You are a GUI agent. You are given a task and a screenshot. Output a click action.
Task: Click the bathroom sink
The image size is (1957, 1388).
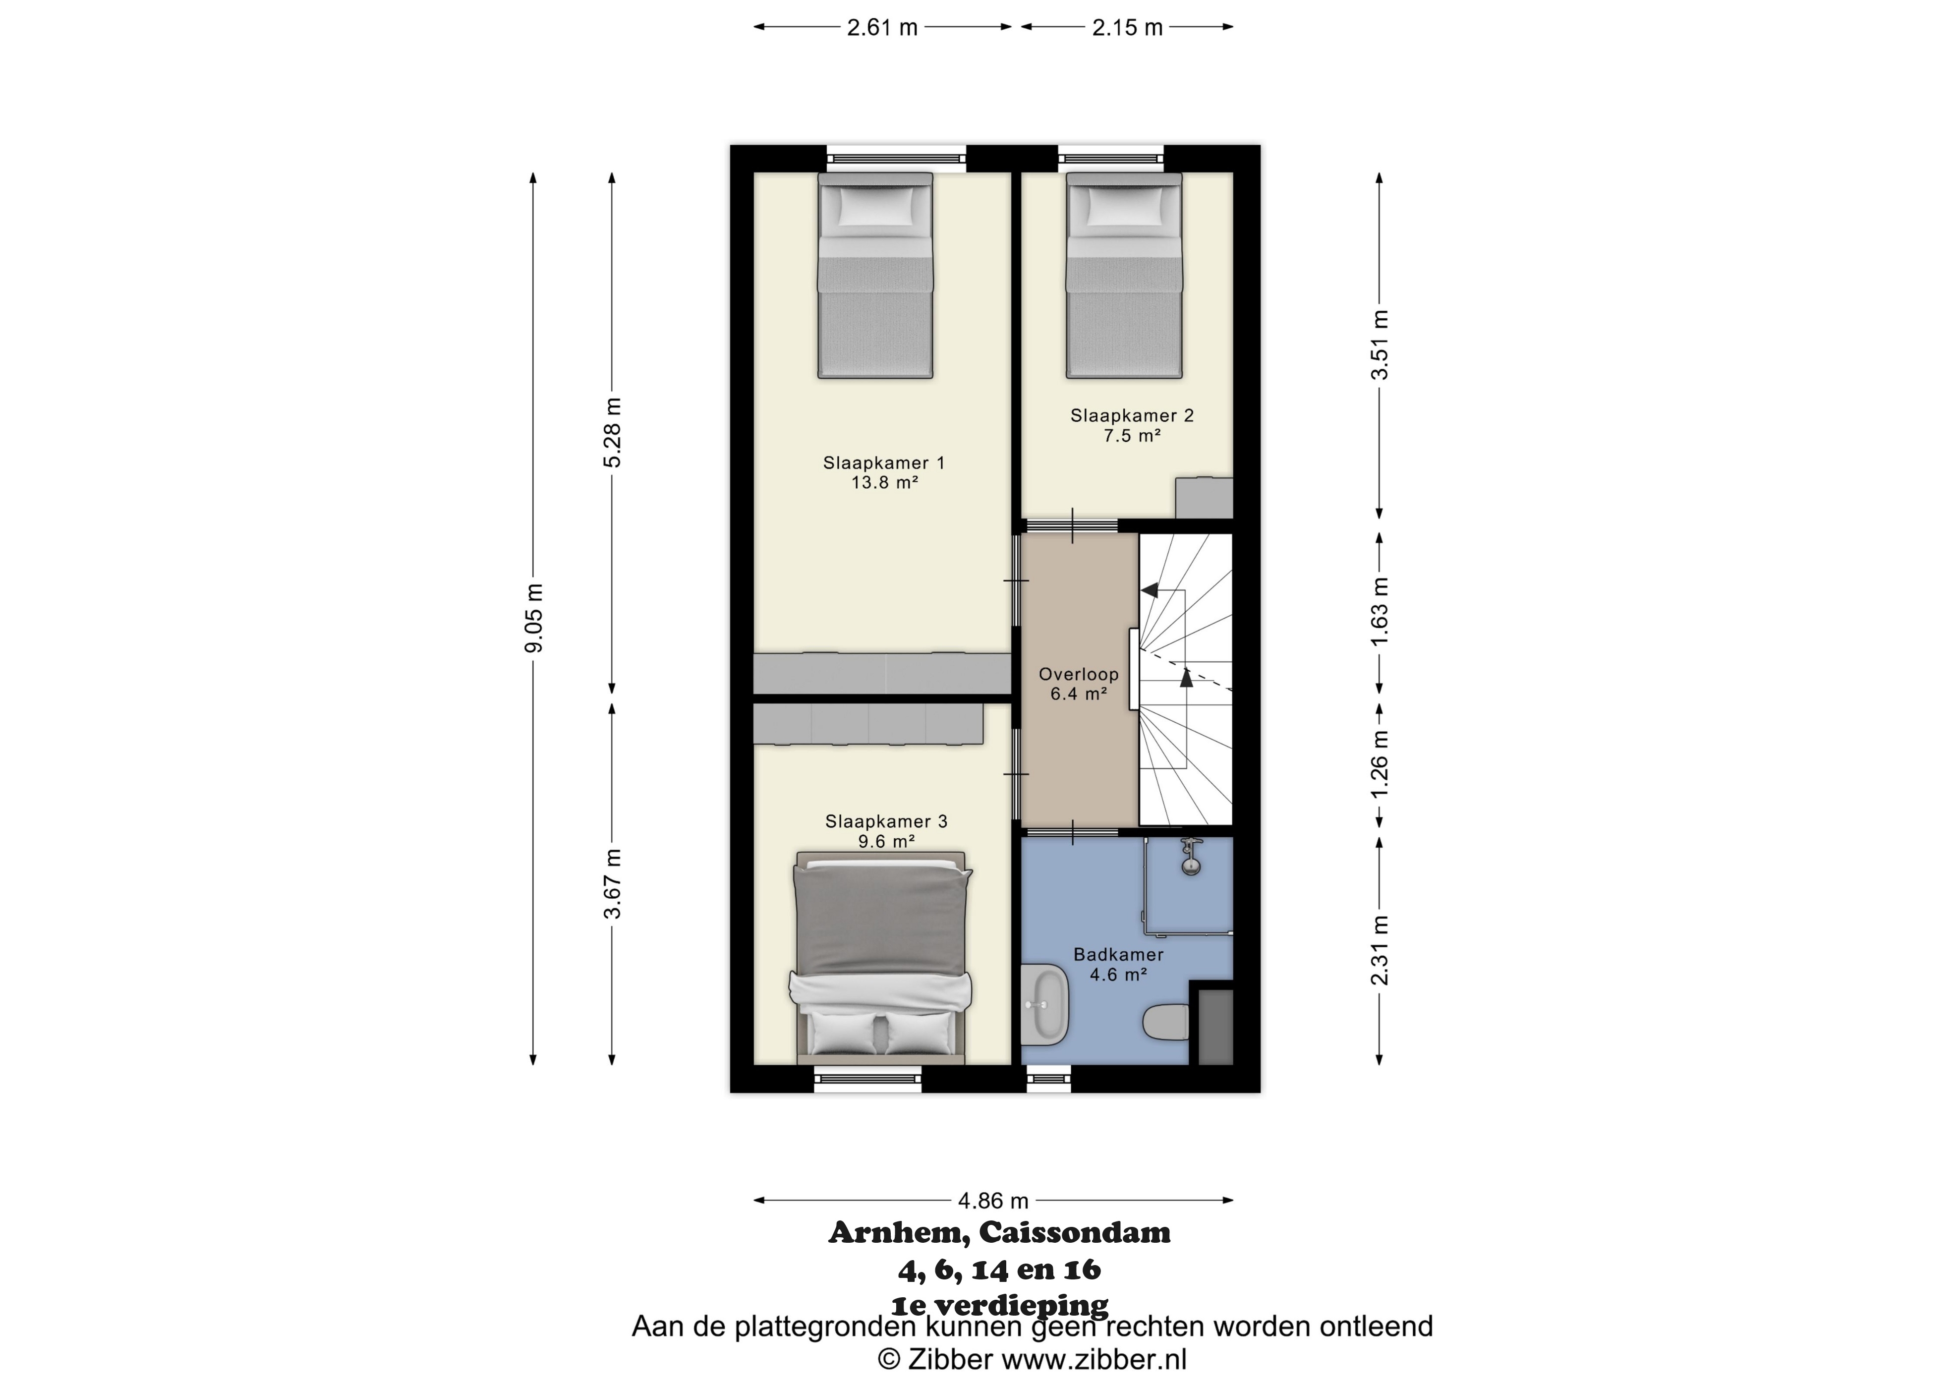tap(1045, 1004)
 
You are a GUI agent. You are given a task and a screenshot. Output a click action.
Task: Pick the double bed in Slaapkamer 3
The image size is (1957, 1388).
tap(880, 957)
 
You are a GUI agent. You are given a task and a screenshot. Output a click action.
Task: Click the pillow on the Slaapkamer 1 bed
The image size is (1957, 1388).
tap(875, 206)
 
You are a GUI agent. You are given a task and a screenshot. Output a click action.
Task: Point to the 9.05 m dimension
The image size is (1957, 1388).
tap(533, 618)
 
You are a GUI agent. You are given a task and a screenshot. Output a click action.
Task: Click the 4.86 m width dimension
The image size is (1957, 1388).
tap(993, 1200)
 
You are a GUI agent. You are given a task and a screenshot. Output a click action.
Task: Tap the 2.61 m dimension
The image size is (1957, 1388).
tap(882, 27)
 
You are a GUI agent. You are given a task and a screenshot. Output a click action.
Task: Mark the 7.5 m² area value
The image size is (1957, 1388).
tap(1132, 436)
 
